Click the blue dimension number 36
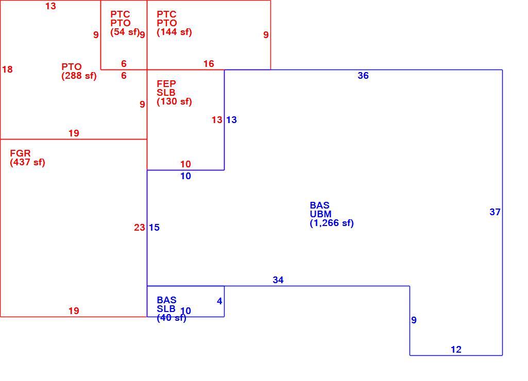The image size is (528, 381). point(363,75)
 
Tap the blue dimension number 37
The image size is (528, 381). point(495,212)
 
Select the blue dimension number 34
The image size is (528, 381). point(278,280)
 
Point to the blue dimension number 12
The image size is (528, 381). point(456,350)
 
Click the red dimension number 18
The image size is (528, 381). point(7,70)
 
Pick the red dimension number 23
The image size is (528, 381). point(140,228)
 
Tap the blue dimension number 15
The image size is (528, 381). point(154,228)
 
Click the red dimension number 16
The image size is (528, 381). point(209,64)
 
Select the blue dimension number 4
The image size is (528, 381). point(219,301)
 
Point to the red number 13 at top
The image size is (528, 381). point(50,6)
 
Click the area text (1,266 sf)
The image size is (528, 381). point(332,223)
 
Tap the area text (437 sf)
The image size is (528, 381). point(27,162)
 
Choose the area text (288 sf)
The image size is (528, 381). point(79,76)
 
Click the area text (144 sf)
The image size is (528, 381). point(174,32)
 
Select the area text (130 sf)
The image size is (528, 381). point(174,101)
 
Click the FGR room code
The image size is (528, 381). point(20,153)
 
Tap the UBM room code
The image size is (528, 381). point(320,214)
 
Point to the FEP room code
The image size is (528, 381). point(166,83)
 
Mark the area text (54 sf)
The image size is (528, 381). point(125,32)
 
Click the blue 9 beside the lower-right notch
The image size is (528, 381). point(414,320)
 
